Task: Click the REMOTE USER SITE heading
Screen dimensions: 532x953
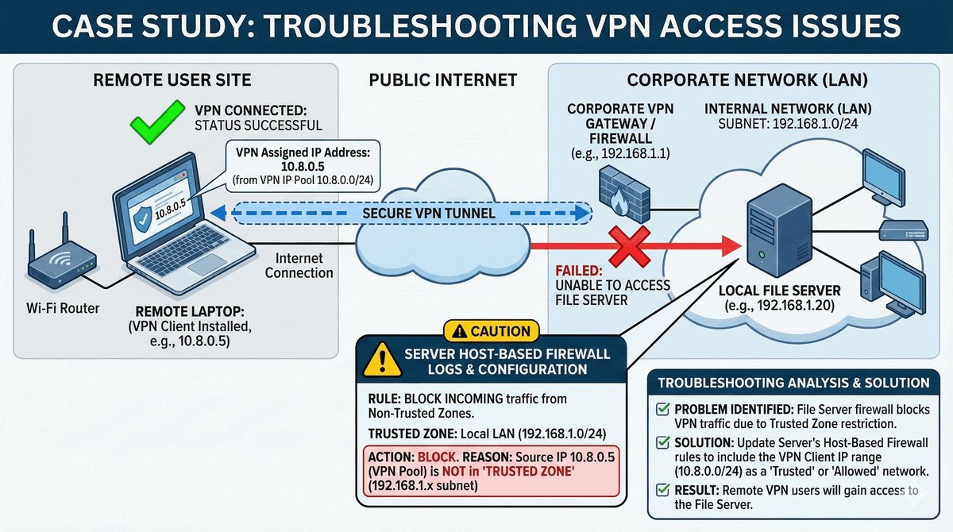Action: (x=172, y=79)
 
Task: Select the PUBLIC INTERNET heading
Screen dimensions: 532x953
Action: (x=443, y=79)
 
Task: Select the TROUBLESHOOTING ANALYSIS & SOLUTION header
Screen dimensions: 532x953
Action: (x=793, y=383)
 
